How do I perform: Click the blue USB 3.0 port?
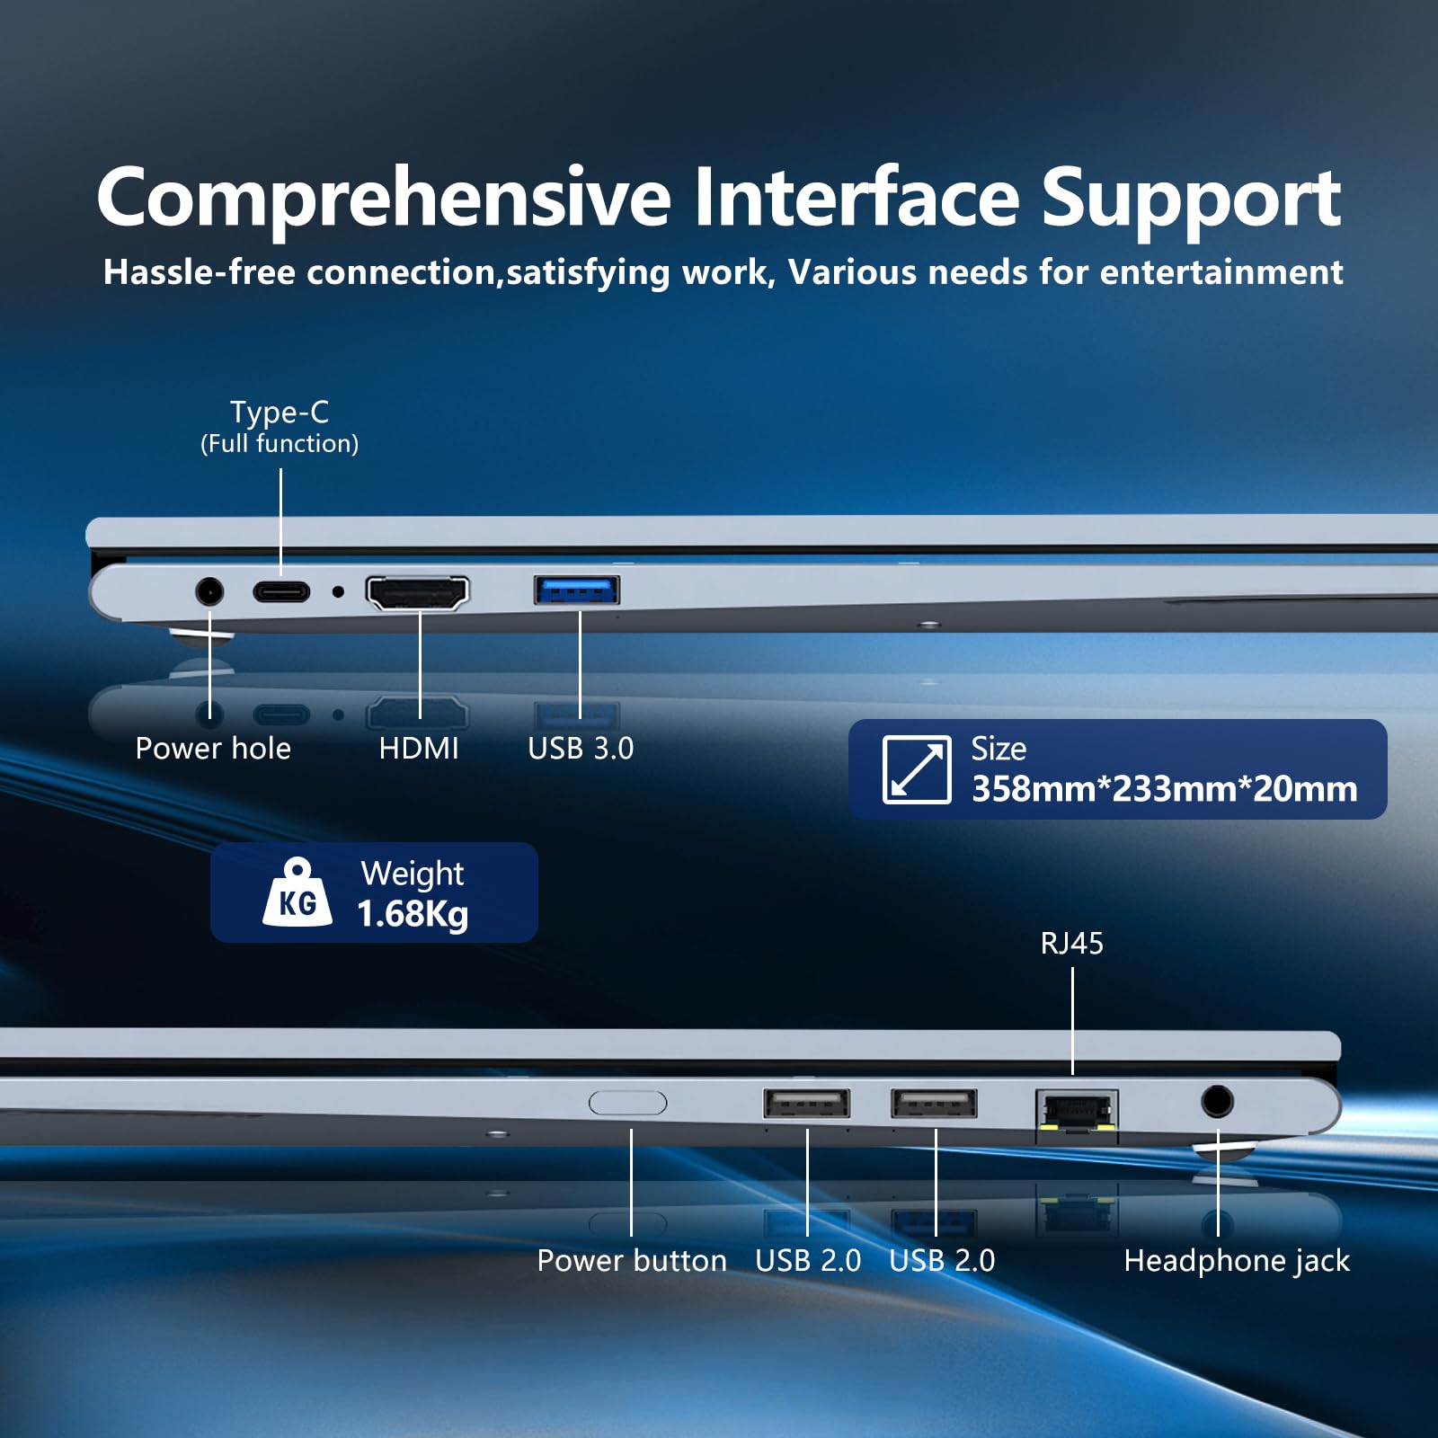click(576, 590)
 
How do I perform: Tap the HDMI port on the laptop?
click(417, 592)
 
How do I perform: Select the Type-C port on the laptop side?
click(281, 591)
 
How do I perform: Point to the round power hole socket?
click(209, 591)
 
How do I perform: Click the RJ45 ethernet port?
click(1077, 1112)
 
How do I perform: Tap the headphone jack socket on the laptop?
click(1217, 1101)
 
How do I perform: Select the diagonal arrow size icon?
click(917, 769)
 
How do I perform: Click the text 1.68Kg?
click(413, 915)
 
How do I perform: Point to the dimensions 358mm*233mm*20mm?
click(1165, 788)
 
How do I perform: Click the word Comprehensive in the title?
click(384, 200)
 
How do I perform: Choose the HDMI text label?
click(419, 748)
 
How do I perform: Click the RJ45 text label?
click(1072, 943)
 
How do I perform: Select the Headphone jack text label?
click(1237, 1261)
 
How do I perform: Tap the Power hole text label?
click(213, 748)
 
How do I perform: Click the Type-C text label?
click(280, 413)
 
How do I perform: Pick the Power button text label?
click(632, 1260)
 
